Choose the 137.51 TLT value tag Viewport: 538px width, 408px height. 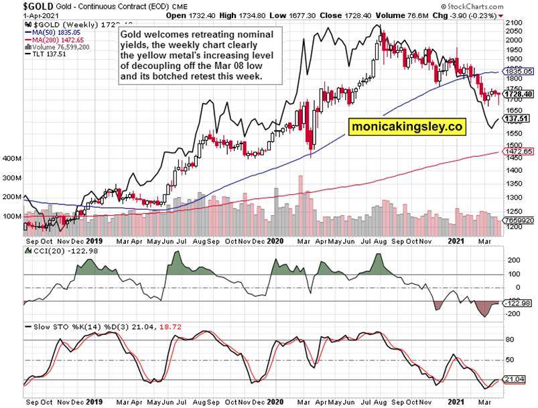(515, 119)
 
